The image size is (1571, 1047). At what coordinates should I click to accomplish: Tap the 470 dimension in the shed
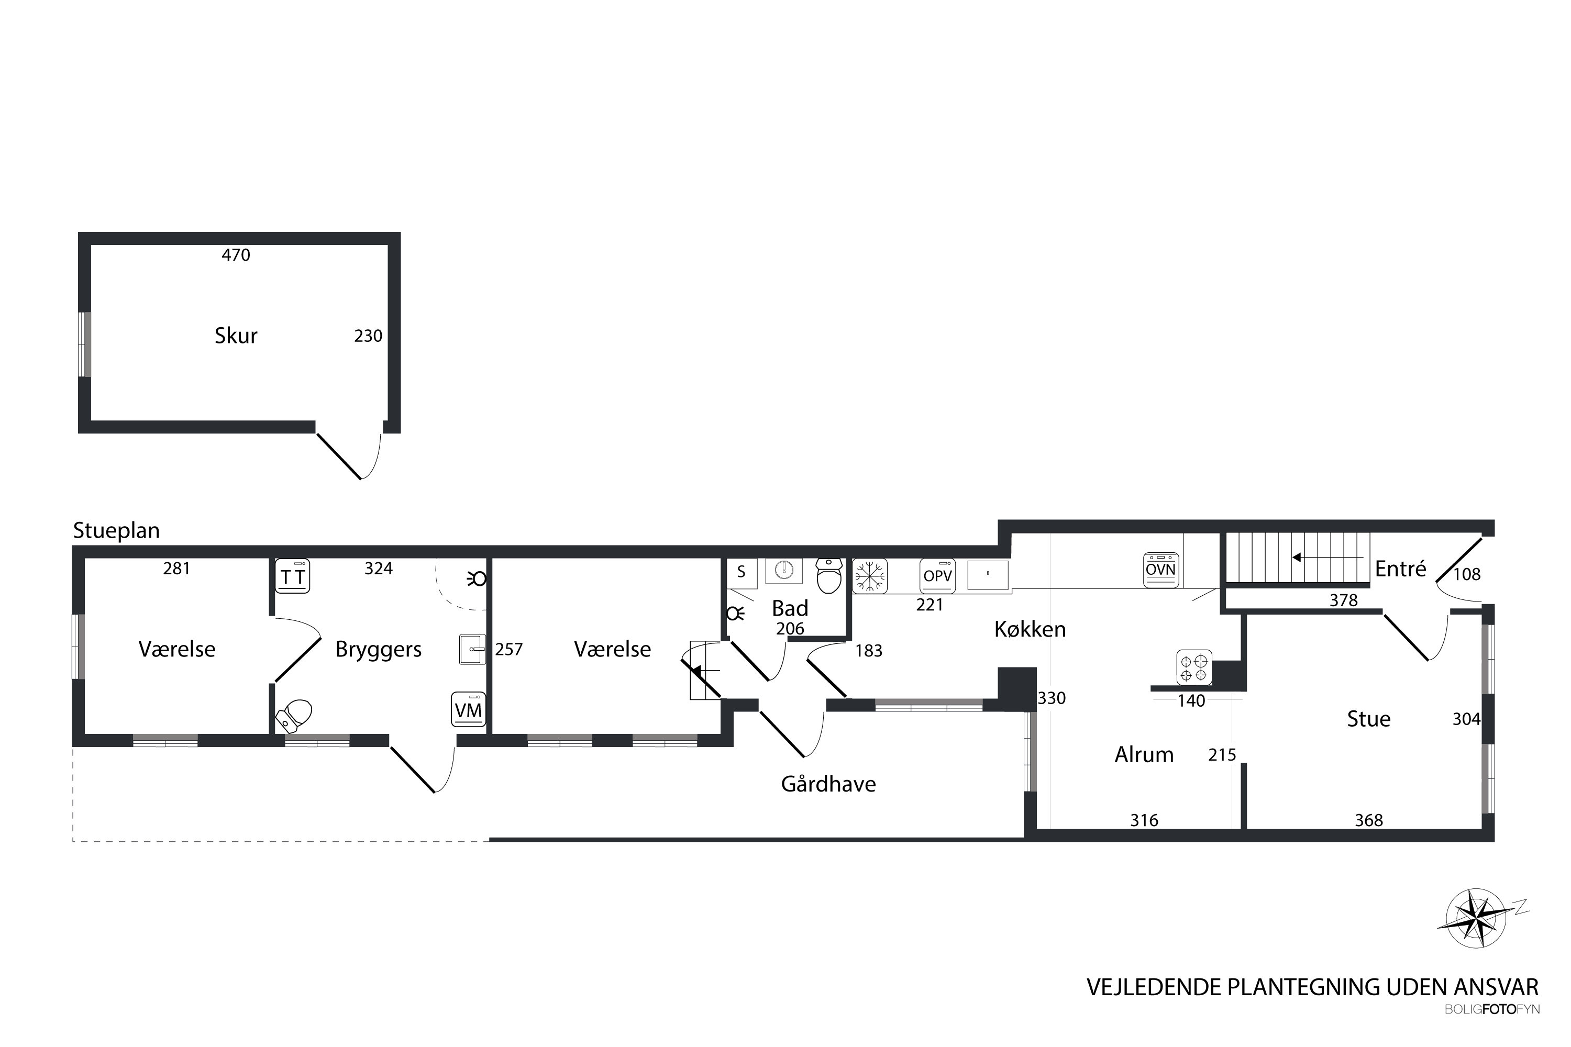(x=236, y=255)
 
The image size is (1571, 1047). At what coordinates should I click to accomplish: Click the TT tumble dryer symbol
(x=293, y=575)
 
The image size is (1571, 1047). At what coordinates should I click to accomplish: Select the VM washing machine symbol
(x=468, y=709)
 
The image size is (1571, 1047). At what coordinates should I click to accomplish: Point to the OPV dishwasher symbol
(x=937, y=575)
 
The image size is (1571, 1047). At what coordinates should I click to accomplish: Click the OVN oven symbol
(x=1161, y=570)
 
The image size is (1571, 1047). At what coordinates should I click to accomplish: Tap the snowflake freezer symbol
(x=870, y=575)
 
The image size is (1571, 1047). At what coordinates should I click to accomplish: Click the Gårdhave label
(x=828, y=783)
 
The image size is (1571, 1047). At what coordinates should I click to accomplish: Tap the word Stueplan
(x=116, y=531)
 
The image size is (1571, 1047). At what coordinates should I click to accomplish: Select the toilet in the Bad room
(x=829, y=576)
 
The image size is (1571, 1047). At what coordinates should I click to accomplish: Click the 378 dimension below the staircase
(x=1343, y=600)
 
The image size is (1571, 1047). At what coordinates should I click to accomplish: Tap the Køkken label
(x=1030, y=629)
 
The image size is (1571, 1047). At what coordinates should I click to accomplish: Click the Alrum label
(x=1144, y=754)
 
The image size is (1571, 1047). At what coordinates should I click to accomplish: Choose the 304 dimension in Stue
(x=1466, y=719)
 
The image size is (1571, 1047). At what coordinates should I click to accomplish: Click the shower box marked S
(x=742, y=573)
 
